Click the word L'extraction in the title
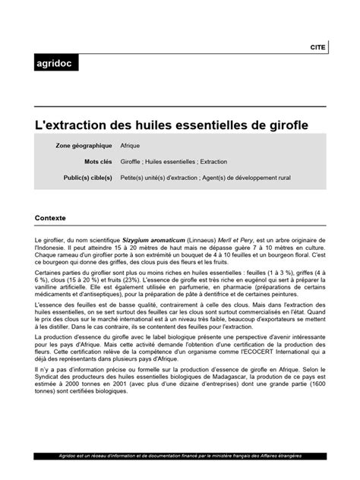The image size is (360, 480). click(x=77, y=122)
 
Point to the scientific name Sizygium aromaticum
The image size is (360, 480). click(x=153, y=240)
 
